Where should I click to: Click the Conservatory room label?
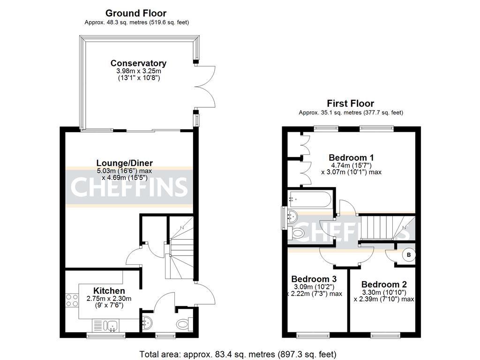point(138,63)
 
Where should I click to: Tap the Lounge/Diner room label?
point(125,163)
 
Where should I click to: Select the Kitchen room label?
point(109,291)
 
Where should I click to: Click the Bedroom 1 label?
point(351,157)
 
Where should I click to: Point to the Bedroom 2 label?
point(384,284)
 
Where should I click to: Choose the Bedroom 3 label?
point(314,279)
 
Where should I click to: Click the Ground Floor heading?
point(135,13)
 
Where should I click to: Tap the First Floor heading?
point(351,104)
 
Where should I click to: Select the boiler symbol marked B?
point(409,255)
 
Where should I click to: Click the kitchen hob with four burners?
point(72,300)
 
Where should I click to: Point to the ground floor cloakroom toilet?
point(183,324)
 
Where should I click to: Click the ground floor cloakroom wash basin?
point(147,322)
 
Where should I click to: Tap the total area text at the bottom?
point(238,354)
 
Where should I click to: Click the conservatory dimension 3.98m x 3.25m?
point(138,71)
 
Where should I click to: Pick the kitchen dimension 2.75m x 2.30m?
point(109,299)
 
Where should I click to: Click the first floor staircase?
point(382,227)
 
